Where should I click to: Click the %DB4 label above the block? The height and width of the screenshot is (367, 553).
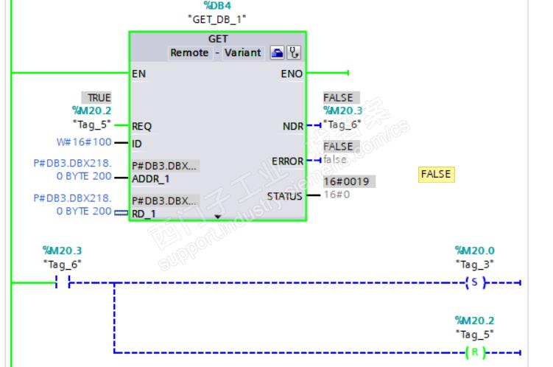(217, 6)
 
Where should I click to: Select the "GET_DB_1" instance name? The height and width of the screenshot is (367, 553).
(217, 19)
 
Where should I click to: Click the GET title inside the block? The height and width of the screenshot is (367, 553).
(217, 39)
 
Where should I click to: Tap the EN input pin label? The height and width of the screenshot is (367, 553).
(138, 74)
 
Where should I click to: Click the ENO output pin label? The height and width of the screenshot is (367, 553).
(292, 74)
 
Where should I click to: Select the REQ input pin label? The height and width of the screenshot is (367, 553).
(141, 126)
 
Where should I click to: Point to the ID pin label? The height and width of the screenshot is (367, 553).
(136, 143)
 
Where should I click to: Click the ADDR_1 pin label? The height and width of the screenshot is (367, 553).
(151, 178)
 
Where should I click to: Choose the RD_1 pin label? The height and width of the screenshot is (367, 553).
(144, 214)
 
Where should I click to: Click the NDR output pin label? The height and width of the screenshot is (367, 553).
(292, 127)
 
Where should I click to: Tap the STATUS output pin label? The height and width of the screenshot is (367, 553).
(285, 196)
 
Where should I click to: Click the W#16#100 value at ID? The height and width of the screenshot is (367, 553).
(91, 142)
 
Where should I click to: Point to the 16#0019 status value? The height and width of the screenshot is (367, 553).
(340, 181)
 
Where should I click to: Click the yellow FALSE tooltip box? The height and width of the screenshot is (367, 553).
(435, 174)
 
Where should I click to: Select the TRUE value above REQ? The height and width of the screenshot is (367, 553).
(99, 97)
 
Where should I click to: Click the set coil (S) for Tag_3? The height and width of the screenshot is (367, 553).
(475, 282)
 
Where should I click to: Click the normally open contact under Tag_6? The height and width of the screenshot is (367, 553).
(63, 282)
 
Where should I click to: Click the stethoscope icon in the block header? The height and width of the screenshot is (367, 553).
(295, 52)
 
